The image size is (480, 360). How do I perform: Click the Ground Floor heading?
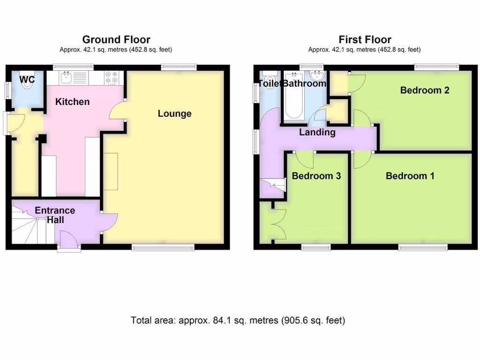pyautogui.click(x=116, y=40)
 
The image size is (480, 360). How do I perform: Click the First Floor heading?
pyautogui.click(x=365, y=40)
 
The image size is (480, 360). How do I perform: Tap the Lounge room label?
pyautogui.click(x=174, y=113)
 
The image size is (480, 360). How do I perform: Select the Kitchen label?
pyautogui.click(x=73, y=102)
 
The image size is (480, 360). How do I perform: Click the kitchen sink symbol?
pyautogui.click(x=66, y=77)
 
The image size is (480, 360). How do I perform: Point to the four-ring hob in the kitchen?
pyautogui.click(x=112, y=77)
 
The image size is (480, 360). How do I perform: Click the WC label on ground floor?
pyautogui.click(x=27, y=80)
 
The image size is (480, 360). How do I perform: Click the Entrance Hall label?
pyautogui.click(x=55, y=215)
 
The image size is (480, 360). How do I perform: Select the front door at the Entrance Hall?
pyautogui.click(x=68, y=241)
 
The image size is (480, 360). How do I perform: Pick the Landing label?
pyautogui.click(x=317, y=132)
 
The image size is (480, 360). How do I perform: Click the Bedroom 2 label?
pyautogui.click(x=424, y=90)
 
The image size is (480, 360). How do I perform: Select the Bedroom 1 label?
pyautogui.click(x=410, y=176)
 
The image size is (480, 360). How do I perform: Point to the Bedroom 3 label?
pyautogui.click(x=316, y=176)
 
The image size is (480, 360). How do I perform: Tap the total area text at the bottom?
pyautogui.click(x=238, y=321)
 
